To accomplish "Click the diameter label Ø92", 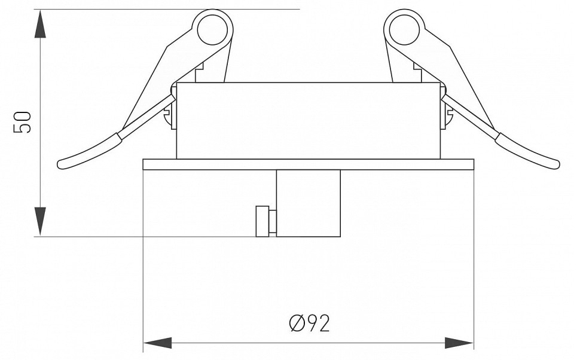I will click(309, 323).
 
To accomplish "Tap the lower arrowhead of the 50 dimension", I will click(39, 221).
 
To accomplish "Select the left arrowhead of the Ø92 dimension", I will click(157, 343).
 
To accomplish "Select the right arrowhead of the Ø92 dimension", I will click(459, 343).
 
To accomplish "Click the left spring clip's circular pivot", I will click(212, 28).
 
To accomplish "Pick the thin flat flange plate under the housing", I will click(308, 164).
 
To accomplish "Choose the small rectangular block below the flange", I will click(309, 203).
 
